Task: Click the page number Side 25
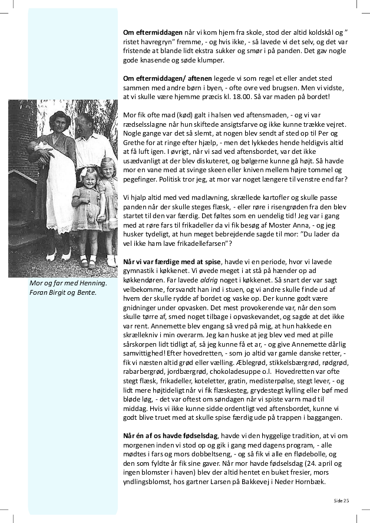pyautogui.click(x=341, y=500)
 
